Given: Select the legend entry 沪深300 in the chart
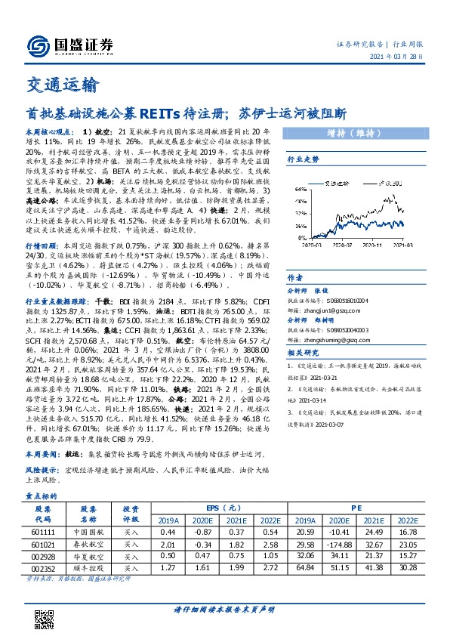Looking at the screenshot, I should [389, 182].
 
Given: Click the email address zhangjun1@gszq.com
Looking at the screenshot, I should [335, 308].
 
